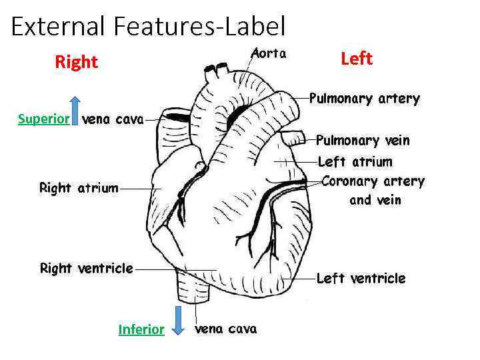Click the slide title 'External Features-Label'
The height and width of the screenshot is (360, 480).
tap(148, 27)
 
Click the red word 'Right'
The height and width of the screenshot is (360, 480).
tap(76, 63)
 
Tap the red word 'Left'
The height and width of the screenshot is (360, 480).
tap(356, 59)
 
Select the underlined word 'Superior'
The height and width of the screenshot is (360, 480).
tap(44, 119)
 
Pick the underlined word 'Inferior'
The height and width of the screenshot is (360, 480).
tap(141, 329)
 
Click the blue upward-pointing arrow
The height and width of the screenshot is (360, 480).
tap(75, 110)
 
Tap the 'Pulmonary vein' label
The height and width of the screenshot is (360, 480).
tap(363, 141)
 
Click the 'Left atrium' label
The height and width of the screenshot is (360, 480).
tap(355, 161)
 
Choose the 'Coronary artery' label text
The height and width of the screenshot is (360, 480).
tap(373, 181)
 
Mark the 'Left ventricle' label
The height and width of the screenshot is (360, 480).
tap(361, 279)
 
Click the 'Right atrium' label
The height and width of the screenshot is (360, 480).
tap(79, 188)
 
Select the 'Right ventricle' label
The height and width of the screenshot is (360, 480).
tap(87, 269)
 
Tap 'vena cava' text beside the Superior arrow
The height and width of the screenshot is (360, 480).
tap(112, 120)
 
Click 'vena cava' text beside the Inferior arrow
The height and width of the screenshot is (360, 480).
tap(225, 329)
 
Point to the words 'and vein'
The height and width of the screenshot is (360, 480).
tap(375, 200)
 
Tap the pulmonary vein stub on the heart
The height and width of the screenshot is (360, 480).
tap(291, 139)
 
